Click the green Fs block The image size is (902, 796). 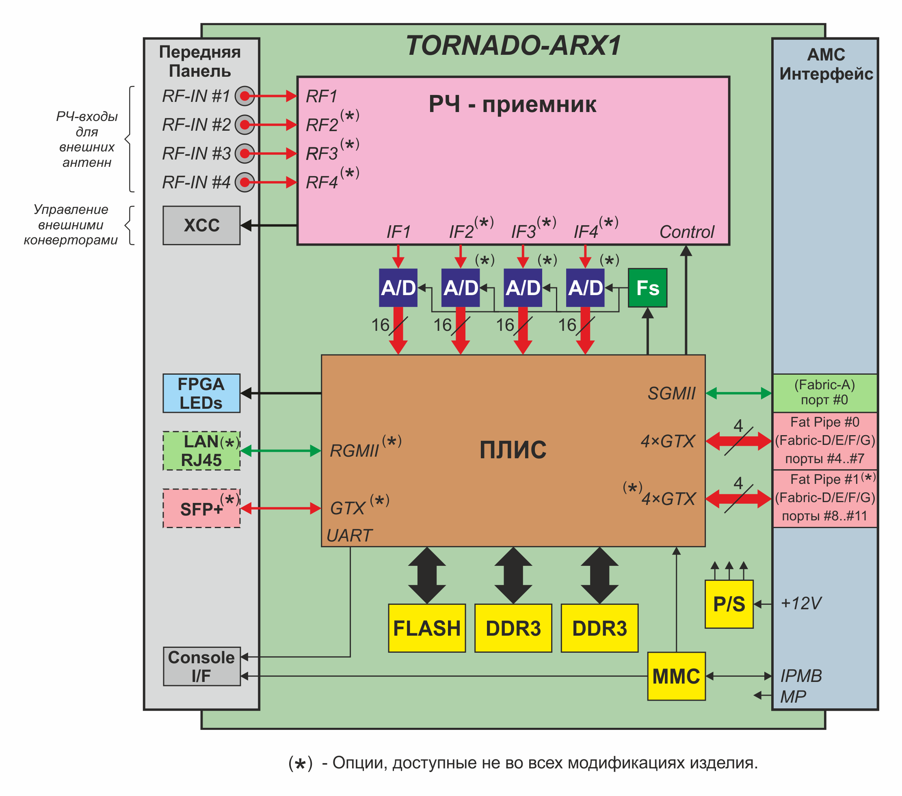pos(647,288)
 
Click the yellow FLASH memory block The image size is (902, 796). pos(427,628)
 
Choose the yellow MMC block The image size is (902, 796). pos(676,676)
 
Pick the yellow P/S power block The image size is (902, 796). pos(729,604)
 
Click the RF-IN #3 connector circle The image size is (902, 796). pos(244,153)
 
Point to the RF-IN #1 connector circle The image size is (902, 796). pos(244,96)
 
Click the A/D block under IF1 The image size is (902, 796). pos(398,288)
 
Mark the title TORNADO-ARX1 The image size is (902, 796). pos(513,46)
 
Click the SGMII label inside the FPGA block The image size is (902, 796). pos(671,393)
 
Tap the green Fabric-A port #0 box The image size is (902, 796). pos(824,393)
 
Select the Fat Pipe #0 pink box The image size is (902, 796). pos(824,440)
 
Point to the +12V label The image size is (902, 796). pos(800,603)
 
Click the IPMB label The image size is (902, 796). pos(801,675)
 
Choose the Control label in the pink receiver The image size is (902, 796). pos(686,232)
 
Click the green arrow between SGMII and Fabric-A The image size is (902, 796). pos(739,393)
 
